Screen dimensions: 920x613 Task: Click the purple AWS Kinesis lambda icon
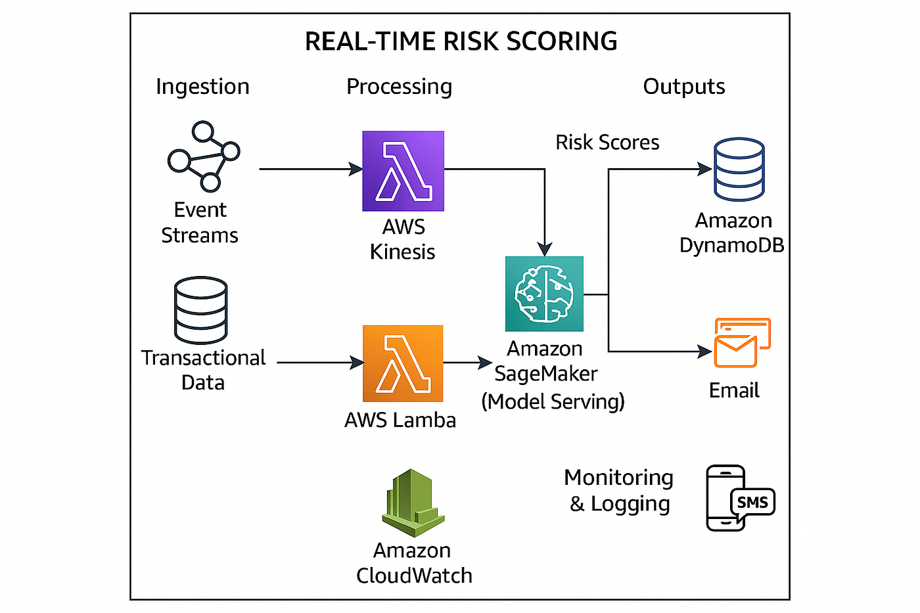403,171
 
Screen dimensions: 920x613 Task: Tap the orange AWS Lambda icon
403,363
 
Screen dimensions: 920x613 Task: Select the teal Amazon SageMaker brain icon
544,294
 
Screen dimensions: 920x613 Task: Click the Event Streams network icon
204,156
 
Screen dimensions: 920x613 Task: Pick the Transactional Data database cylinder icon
201,310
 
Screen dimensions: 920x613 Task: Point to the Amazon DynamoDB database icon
739,169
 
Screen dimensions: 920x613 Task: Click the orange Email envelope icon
742,342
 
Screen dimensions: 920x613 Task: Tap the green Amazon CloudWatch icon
413,503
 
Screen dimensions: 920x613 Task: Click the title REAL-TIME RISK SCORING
461,41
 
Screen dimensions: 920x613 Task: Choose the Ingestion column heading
203,87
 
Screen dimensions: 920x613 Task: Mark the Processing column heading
400,87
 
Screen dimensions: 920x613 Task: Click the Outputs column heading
684,87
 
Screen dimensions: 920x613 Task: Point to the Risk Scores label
607,143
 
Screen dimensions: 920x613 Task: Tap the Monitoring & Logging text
619,490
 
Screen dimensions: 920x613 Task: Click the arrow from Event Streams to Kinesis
311,169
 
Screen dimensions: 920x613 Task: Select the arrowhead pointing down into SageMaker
545,249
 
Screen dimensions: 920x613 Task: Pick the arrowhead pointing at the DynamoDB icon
704,169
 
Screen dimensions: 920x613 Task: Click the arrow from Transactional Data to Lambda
321,363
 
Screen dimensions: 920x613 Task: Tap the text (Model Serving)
553,401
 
